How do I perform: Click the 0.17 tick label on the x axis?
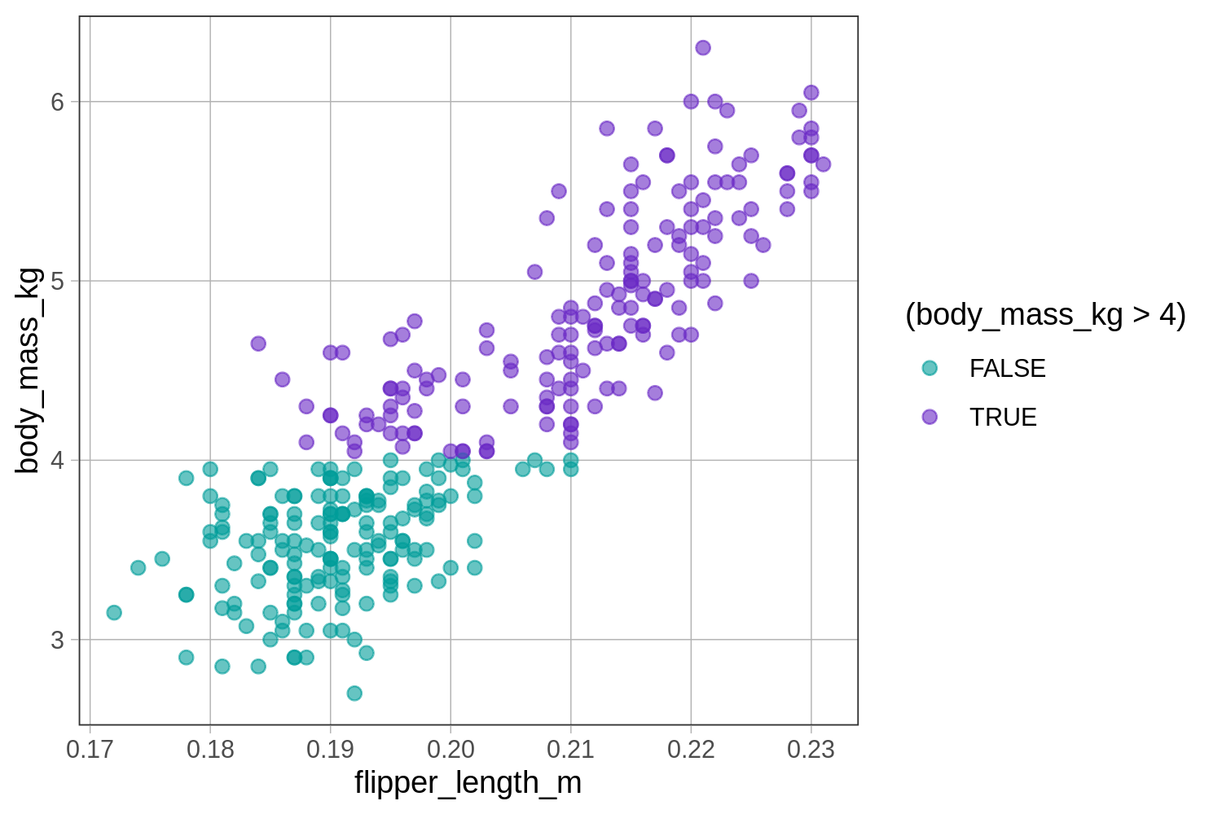[x=90, y=749]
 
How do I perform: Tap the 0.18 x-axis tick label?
[x=210, y=749]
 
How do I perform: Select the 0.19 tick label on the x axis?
[x=330, y=749]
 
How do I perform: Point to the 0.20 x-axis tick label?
[x=451, y=749]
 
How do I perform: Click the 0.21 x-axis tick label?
[x=570, y=749]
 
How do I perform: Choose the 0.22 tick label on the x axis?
[x=691, y=749]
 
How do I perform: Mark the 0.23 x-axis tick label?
[x=811, y=749]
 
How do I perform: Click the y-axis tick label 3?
[x=57, y=640]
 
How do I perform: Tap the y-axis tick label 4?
[x=57, y=461]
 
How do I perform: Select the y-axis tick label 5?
[x=57, y=282]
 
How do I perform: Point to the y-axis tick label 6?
[x=57, y=103]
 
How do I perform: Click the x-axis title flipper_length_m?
[x=468, y=783]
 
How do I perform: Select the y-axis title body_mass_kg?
[x=28, y=370]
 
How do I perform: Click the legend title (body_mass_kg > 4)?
[x=1045, y=314]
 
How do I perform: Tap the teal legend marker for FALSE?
[x=930, y=368]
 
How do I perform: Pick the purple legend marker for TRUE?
[x=930, y=417]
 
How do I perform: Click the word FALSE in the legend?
[x=1007, y=369]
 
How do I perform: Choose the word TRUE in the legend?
[x=1003, y=418]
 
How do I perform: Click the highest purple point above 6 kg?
[x=703, y=48]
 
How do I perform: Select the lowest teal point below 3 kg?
[x=354, y=694]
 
